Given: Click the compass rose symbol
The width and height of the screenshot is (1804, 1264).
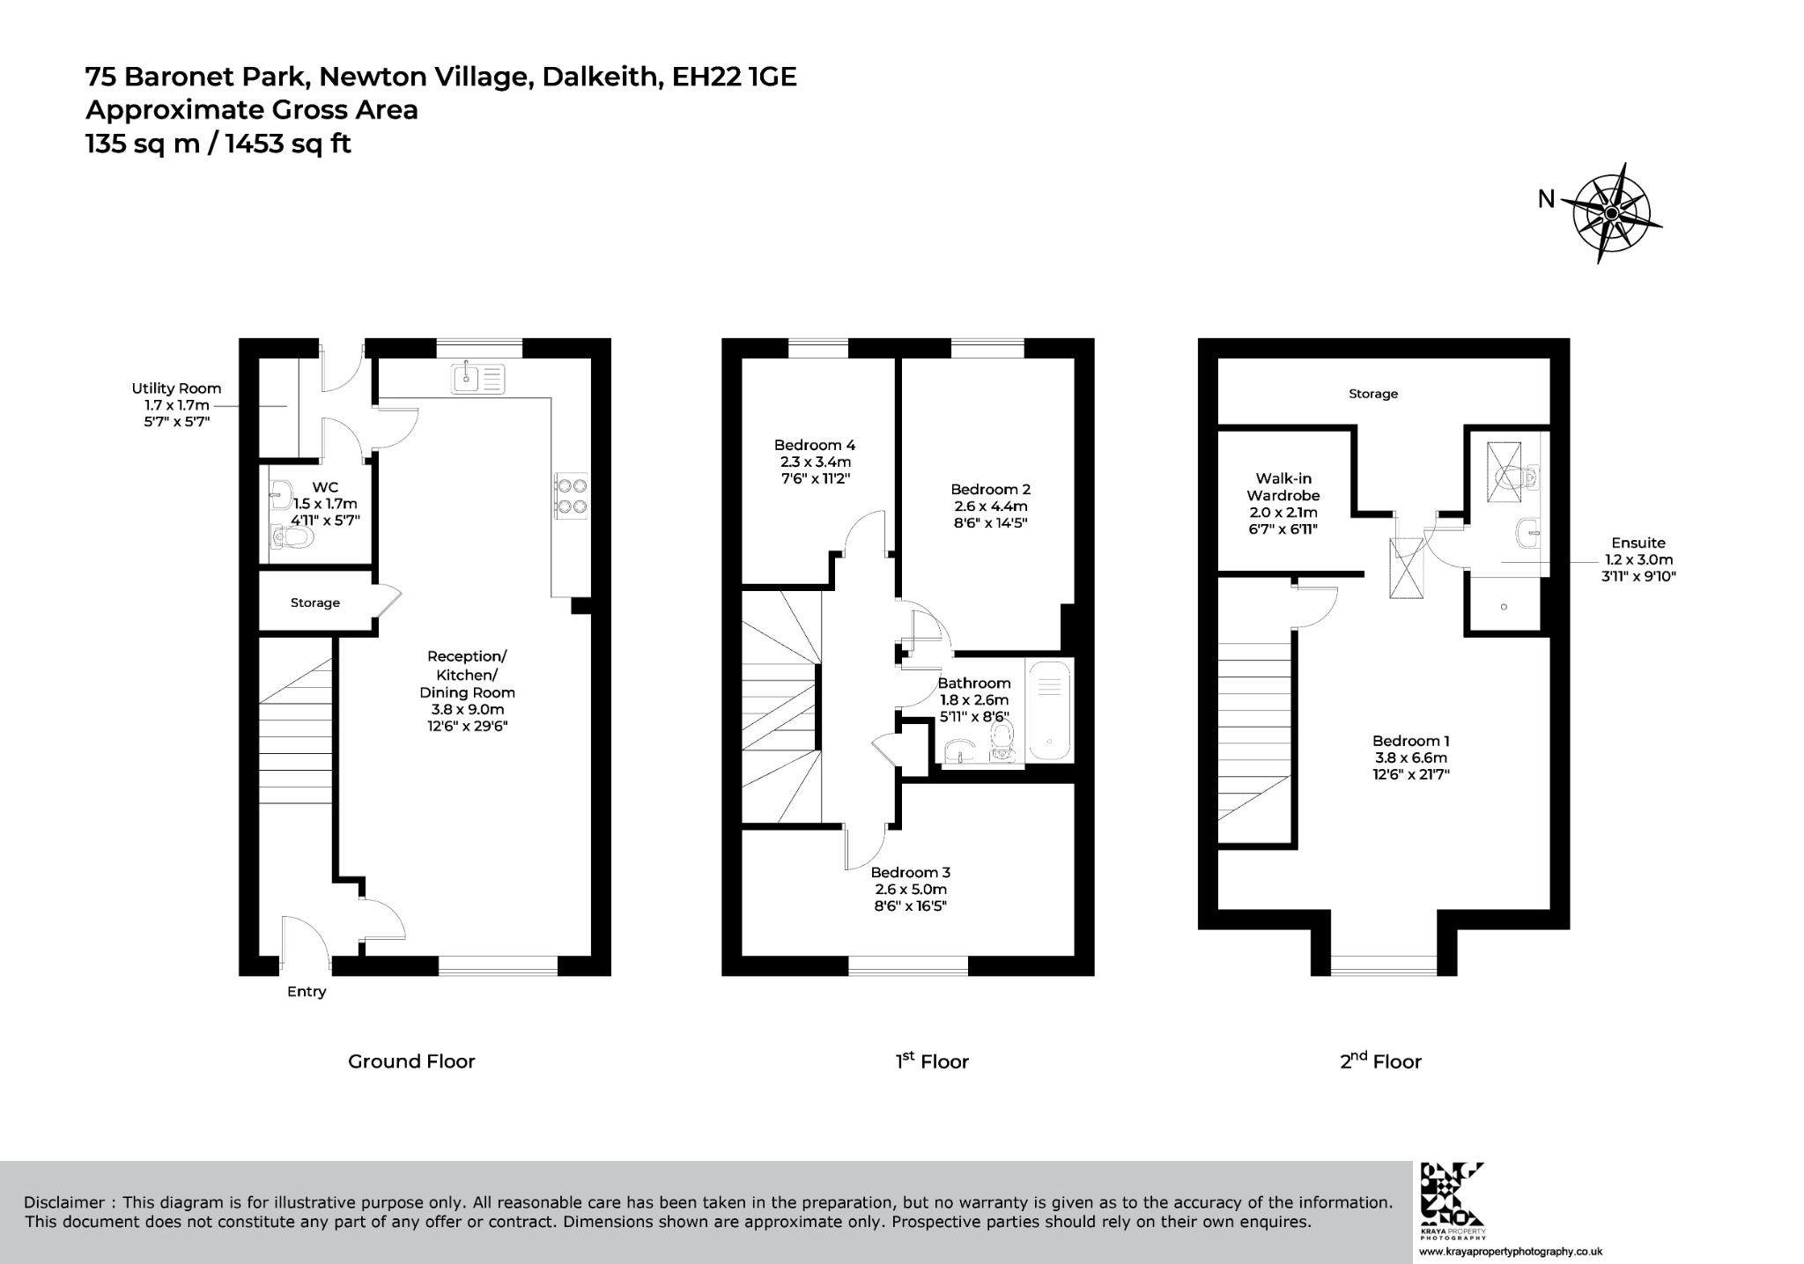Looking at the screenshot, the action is click(1610, 213).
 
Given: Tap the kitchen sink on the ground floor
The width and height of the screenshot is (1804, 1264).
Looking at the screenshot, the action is click(478, 379).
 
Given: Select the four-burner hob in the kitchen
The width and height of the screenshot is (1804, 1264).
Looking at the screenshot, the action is click(571, 495).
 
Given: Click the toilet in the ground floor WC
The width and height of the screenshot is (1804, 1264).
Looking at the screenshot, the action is click(293, 536).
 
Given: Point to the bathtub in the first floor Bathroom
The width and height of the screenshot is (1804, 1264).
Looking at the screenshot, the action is click(1049, 712).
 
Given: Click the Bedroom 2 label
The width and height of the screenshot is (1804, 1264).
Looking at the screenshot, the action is click(990, 490).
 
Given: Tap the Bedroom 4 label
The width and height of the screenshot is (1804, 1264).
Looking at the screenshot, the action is click(815, 446).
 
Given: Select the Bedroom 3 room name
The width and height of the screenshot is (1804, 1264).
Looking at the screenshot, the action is click(910, 873).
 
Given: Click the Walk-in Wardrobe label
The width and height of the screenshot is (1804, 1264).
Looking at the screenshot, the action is click(1283, 487).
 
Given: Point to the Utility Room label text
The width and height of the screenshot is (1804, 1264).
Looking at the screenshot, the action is click(176, 388).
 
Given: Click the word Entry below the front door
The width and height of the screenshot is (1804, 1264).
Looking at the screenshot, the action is click(307, 992).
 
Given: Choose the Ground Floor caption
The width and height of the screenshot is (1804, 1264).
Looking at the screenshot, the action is click(411, 1061).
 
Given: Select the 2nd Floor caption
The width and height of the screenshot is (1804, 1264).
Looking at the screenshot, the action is click(1380, 1061).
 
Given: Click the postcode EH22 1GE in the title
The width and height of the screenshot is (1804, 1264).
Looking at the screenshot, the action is click(734, 78).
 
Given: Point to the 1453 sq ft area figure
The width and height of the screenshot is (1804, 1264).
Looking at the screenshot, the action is click(288, 143).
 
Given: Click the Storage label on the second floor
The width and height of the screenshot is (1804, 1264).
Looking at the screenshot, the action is click(1373, 395).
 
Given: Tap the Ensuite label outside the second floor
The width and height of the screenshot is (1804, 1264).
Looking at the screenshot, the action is click(1638, 543).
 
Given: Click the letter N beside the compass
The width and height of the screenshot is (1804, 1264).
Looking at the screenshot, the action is click(1546, 200).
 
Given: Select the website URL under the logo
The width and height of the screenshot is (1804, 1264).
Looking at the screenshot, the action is click(1510, 1252).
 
